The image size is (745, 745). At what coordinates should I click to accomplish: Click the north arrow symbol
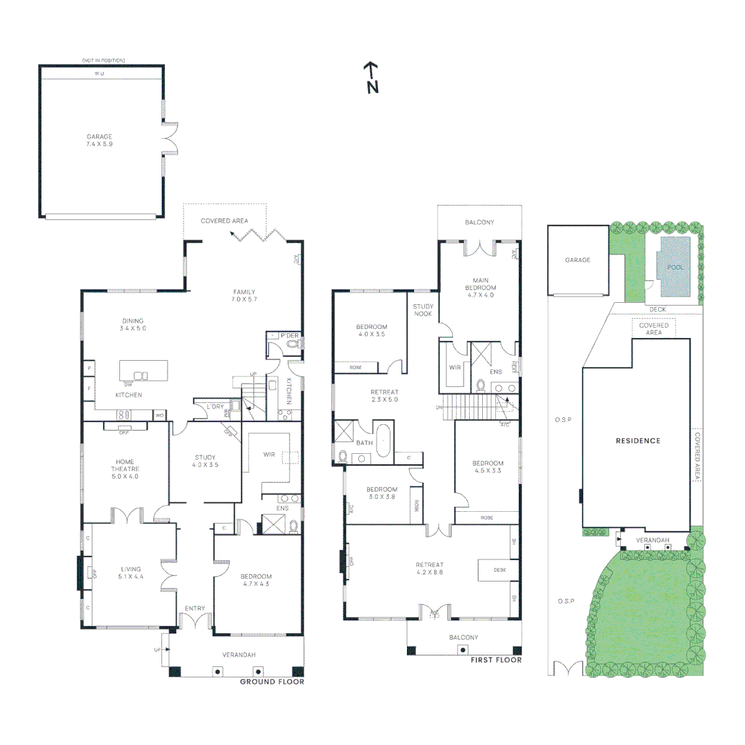point(371,77)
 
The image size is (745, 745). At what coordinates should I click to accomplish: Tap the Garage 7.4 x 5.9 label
point(99,141)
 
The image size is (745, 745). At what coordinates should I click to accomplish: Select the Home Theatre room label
point(125,468)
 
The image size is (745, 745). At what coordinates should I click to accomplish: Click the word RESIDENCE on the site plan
point(638,441)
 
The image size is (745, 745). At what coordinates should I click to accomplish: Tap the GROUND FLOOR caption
point(272,682)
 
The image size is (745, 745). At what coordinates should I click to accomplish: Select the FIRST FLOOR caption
point(495,660)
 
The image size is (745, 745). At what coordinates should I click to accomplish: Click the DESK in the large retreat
point(500,570)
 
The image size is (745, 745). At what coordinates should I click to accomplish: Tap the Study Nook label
point(423,310)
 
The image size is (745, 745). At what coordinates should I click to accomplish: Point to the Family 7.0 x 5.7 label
point(244,295)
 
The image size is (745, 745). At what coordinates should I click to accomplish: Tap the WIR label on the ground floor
point(269,455)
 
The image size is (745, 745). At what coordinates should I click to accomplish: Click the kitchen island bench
point(144,370)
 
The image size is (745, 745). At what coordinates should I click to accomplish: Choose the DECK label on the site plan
point(657,310)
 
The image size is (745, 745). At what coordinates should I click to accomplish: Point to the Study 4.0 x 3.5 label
point(205,461)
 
